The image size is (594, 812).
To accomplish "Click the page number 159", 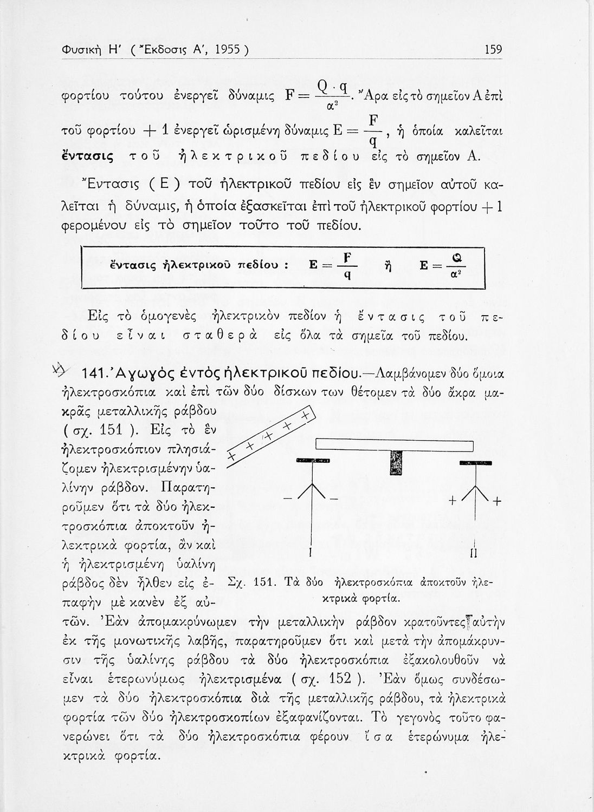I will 493,50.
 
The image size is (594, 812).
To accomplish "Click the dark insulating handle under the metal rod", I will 396,461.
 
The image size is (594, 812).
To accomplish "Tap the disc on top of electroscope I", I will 313,461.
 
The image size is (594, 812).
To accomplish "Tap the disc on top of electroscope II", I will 475,463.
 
